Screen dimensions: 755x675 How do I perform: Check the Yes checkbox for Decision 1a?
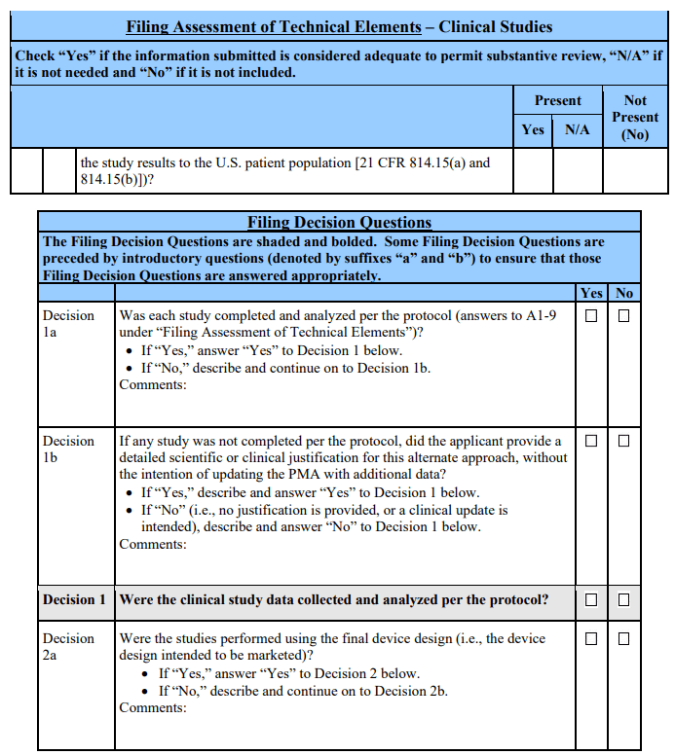coord(591,316)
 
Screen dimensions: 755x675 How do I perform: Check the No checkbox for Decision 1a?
coord(623,316)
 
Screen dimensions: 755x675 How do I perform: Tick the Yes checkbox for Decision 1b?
coord(591,441)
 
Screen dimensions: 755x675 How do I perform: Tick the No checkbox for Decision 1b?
coord(623,441)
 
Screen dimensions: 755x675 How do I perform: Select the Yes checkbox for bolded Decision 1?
coord(591,600)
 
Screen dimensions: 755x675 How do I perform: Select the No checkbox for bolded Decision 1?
coord(623,600)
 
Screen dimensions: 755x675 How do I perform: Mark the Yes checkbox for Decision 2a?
coord(591,639)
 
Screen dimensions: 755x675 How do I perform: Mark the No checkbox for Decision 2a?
coord(623,639)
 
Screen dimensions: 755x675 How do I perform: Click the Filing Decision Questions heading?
coord(339,222)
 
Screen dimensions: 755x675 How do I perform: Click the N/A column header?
coord(578,129)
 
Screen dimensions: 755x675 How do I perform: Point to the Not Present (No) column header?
coord(635,118)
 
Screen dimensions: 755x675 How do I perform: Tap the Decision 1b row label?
coord(68,449)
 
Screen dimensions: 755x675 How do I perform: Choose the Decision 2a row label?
coord(68,647)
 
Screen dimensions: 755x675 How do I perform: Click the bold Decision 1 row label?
coord(74,600)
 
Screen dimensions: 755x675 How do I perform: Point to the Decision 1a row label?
coord(68,324)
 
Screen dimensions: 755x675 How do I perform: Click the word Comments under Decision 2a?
coord(152,707)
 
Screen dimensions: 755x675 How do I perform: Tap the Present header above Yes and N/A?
coord(557,100)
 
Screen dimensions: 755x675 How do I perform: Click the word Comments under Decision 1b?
coord(152,544)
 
